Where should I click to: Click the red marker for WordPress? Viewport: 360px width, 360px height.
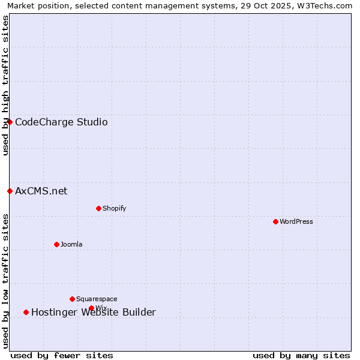tap(275, 221)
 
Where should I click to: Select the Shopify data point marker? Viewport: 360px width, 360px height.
tap(98, 208)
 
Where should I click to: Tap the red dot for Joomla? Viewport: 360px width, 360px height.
tap(56, 244)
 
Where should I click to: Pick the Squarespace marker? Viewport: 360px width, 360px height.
tap(72, 299)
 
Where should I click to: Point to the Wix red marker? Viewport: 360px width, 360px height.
tap(91, 308)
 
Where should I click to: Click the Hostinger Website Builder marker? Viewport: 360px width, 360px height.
tap(26, 312)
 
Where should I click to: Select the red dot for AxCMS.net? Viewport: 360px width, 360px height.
tap(10, 191)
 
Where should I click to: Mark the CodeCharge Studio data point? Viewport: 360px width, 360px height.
tap(10, 122)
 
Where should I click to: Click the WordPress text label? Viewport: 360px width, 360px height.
tap(296, 221)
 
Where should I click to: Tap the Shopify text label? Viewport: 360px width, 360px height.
tap(114, 208)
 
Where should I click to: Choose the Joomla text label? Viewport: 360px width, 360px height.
tap(71, 244)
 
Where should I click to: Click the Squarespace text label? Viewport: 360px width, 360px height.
tap(97, 299)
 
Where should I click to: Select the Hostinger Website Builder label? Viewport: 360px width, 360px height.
tap(93, 312)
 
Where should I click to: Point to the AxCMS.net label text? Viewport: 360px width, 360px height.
tap(41, 191)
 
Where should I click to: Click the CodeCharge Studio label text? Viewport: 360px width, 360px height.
tap(61, 122)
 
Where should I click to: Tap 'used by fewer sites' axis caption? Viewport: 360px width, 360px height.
tap(62, 355)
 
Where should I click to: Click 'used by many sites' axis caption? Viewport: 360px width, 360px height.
tap(301, 355)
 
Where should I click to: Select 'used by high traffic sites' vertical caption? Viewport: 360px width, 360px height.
tap(5, 85)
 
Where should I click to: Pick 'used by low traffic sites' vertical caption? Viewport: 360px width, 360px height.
tap(5, 280)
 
